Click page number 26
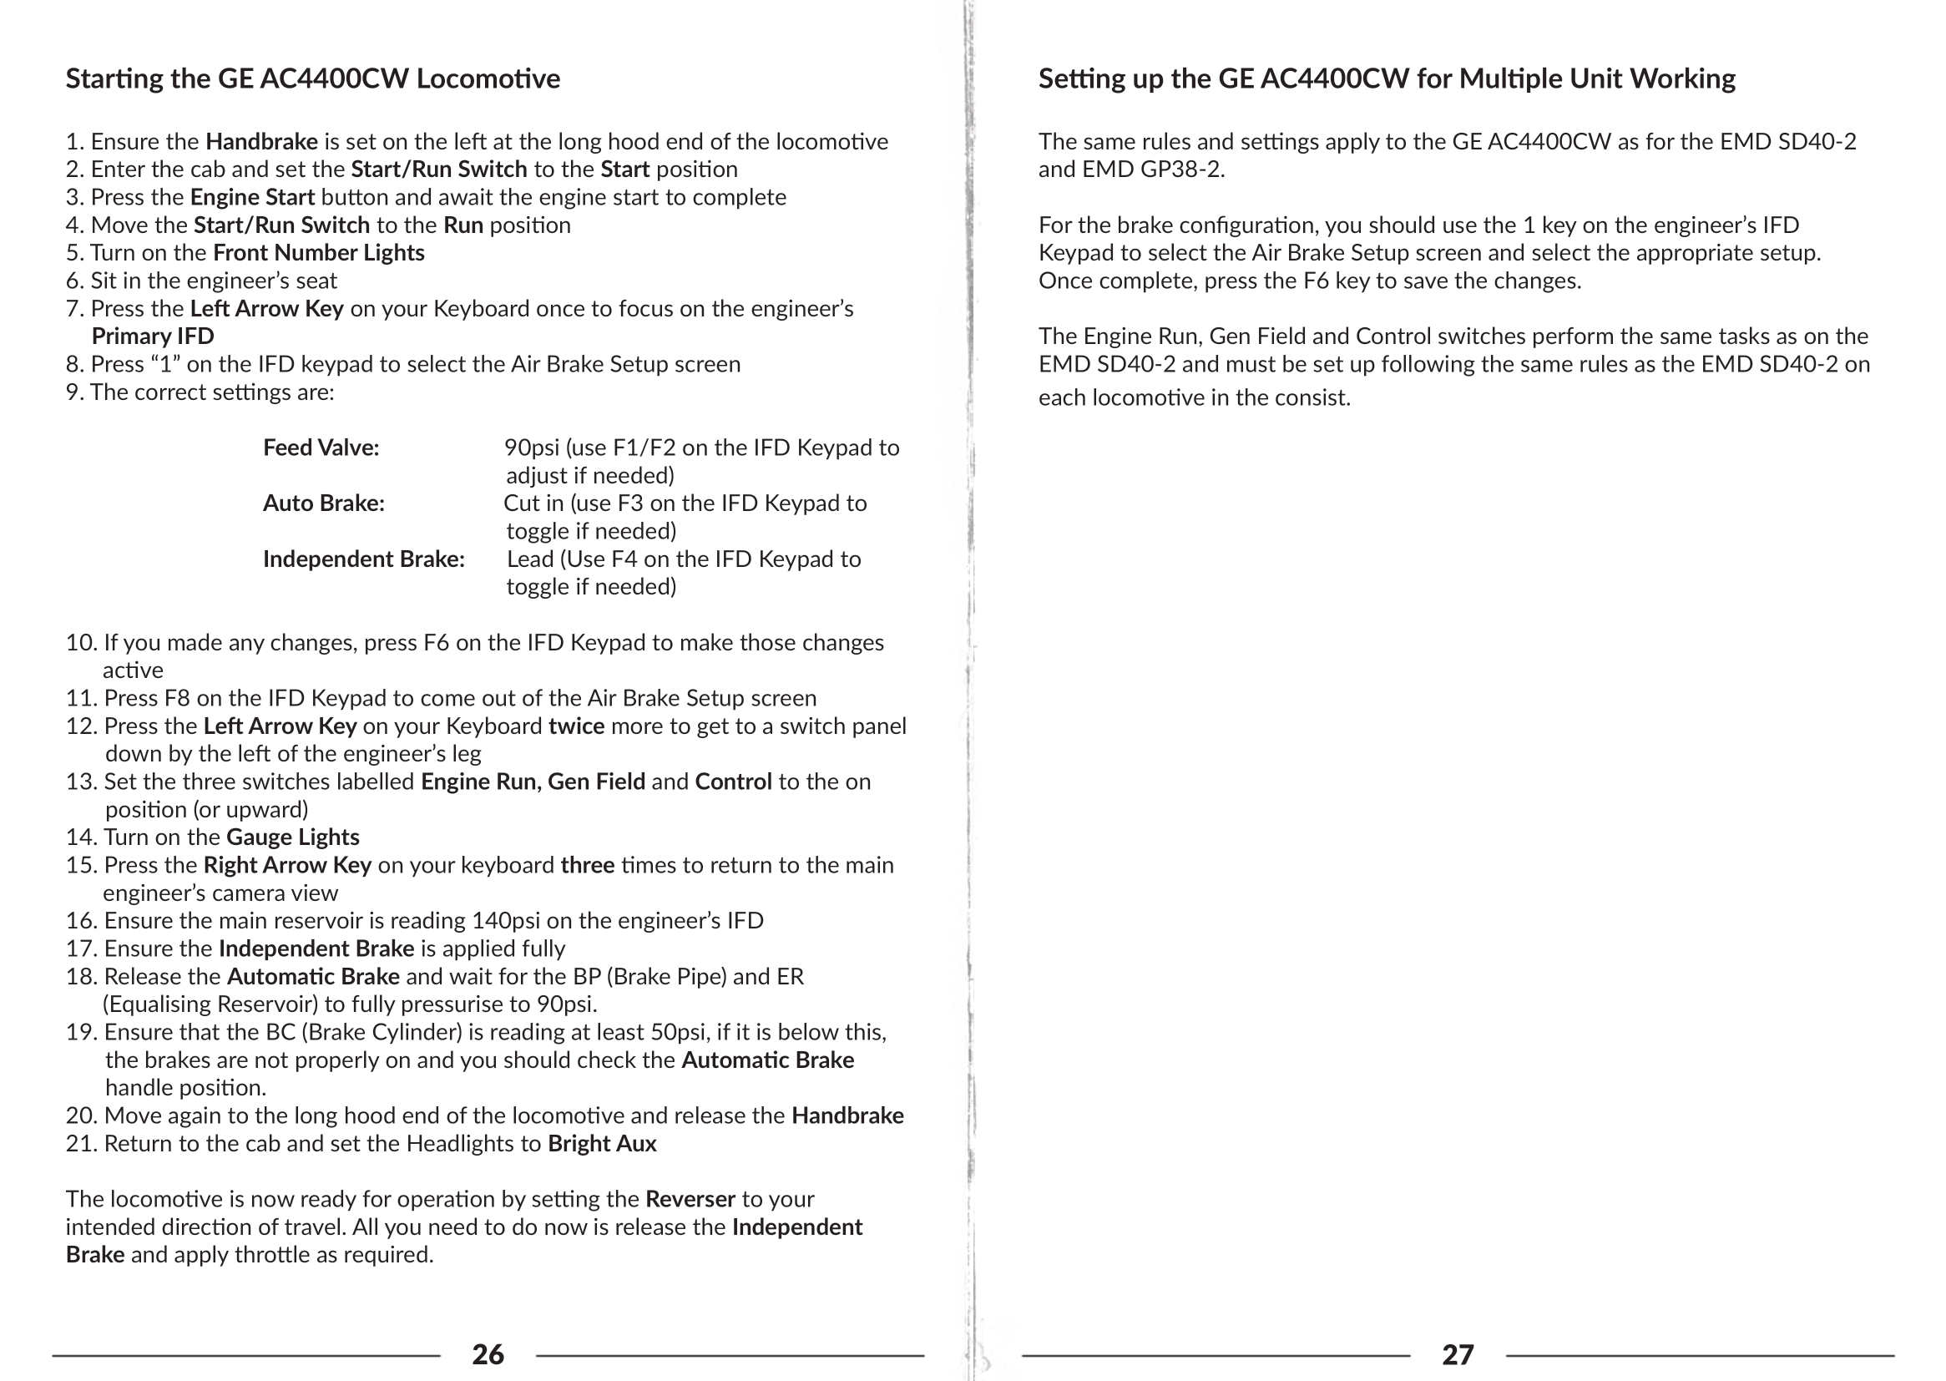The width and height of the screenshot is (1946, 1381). [488, 1353]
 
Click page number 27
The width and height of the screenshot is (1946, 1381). [1457, 1353]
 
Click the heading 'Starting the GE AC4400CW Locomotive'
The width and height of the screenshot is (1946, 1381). [313, 78]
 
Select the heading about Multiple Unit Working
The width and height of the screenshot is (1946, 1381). [1386, 78]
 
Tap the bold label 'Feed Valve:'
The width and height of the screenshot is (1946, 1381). [321, 448]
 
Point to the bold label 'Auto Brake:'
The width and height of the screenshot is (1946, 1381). [323, 503]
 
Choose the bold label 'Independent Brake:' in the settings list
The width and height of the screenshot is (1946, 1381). [363, 559]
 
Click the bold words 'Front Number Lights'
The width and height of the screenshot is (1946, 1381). [319, 252]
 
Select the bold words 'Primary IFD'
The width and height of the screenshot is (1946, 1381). [152, 336]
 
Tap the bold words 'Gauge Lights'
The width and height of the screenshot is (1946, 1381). [292, 837]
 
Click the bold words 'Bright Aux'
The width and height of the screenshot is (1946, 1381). [602, 1143]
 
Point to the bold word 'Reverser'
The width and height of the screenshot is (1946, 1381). [690, 1199]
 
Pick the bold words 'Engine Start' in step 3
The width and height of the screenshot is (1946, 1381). [252, 197]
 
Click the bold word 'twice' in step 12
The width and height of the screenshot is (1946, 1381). [576, 726]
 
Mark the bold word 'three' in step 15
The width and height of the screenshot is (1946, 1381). [588, 865]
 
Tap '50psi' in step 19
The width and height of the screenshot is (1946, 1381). [679, 1032]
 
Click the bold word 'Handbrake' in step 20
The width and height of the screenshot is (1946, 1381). [847, 1115]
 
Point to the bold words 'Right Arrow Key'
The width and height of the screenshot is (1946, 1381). [287, 865]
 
